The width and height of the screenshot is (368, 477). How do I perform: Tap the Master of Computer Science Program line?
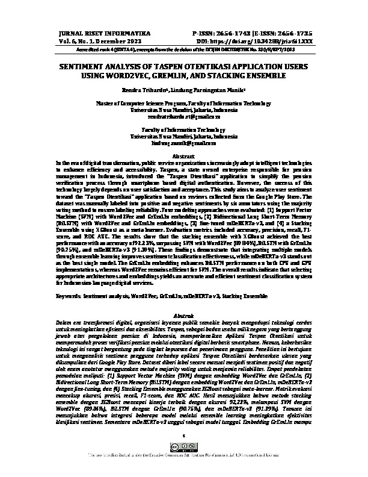coord(184,104)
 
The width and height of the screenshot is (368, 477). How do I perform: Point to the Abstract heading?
coord(184,155)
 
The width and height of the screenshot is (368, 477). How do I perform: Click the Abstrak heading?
coord(184,316)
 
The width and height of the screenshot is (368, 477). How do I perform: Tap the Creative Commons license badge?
coord(184,464)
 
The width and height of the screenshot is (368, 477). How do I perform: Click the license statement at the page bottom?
coord(184,473)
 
